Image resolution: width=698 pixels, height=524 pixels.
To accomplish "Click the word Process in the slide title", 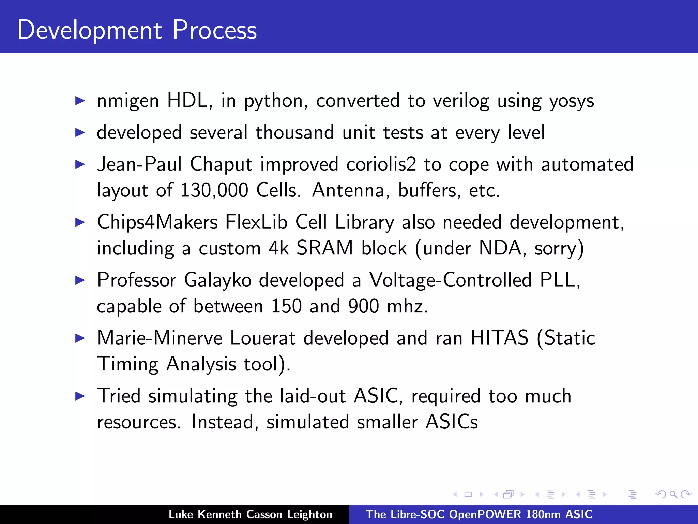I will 214,30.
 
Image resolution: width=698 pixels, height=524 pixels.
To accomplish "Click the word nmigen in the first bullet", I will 128,101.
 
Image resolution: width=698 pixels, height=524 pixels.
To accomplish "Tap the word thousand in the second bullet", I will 294,132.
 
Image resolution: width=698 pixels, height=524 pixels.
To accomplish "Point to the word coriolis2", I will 381,164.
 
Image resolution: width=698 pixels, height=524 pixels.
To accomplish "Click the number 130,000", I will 214,190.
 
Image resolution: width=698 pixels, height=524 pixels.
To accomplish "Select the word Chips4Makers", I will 157,222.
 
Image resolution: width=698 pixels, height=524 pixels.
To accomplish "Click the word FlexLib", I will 256,222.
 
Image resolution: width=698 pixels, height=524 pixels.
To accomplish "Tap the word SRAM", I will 324,248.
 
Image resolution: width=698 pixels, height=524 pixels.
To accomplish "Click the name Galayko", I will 217,280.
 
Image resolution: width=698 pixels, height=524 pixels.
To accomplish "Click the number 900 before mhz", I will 363,306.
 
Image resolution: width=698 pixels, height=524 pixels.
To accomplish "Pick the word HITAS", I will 499,338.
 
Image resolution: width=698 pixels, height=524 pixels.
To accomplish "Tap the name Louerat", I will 262,338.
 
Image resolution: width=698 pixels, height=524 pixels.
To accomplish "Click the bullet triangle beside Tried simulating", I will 80,396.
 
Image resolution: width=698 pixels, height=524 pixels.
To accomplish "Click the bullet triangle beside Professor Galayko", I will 80,280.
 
